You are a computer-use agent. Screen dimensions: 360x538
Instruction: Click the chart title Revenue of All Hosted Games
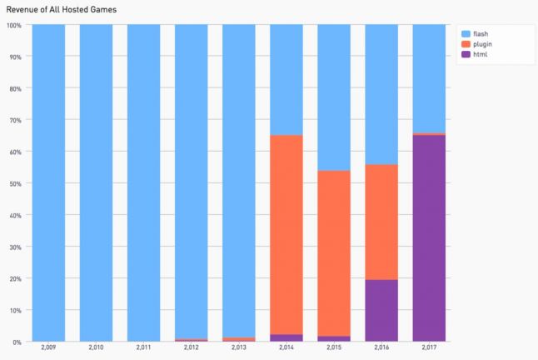pos(62,8)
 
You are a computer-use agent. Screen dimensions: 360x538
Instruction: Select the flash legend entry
pos(482,33)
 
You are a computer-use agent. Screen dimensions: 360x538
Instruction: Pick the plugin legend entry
pos(484,44)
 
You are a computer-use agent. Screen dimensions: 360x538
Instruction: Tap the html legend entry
pos(481,55)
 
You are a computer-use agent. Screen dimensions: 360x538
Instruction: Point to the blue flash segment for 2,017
pos(429,78)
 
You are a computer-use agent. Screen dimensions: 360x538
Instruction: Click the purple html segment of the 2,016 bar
pos(381,310)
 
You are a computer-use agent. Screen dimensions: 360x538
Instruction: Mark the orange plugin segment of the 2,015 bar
pos(334,253)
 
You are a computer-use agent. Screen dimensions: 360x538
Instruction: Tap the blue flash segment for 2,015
pos(334,97)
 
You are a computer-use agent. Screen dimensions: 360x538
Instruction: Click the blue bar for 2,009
pos(48,182)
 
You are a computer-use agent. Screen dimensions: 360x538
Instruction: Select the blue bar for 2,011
pos(143,182)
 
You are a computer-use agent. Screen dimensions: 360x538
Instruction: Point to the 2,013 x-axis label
pos(239,347)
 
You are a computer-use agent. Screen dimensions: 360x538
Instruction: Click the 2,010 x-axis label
pos(96,347)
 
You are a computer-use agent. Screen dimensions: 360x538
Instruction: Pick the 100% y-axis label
pos(13,25)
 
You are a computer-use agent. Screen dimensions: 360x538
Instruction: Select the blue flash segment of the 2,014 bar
pos(286,80)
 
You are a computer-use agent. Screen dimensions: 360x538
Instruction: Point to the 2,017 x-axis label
pos(429,347)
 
